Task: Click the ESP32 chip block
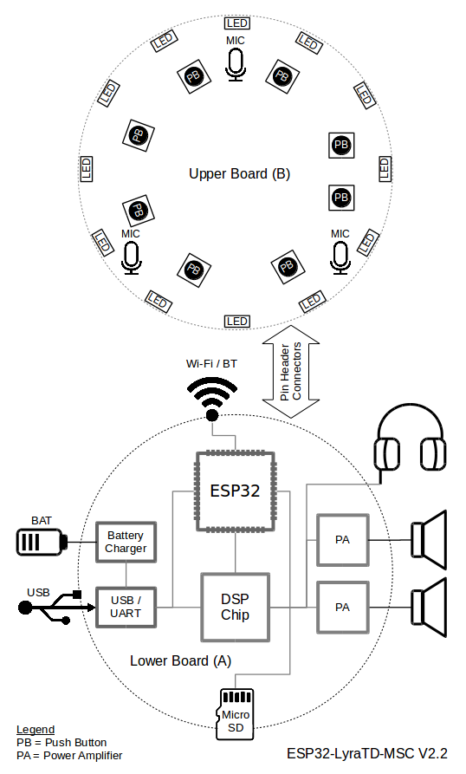point(236,491)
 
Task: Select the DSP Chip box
point(236,608)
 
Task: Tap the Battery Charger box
point(126,542)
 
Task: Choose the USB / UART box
point(126,608)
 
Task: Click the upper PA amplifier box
point(343,540)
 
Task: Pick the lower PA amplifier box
point(343,608)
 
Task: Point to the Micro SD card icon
point(236,714)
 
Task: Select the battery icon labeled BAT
point(42,542)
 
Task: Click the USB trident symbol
point(55,608)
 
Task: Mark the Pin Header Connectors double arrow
point(291,372)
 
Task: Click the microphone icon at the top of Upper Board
point(236,66)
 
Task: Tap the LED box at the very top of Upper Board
point(237,23)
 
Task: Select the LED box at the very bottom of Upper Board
point(237,322)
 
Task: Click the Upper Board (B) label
point(240,173)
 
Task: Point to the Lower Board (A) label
point(180,661)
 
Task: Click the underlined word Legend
point(36,730)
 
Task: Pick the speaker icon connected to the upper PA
point(429,540)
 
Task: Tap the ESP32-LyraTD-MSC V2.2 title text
point(367,753)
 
